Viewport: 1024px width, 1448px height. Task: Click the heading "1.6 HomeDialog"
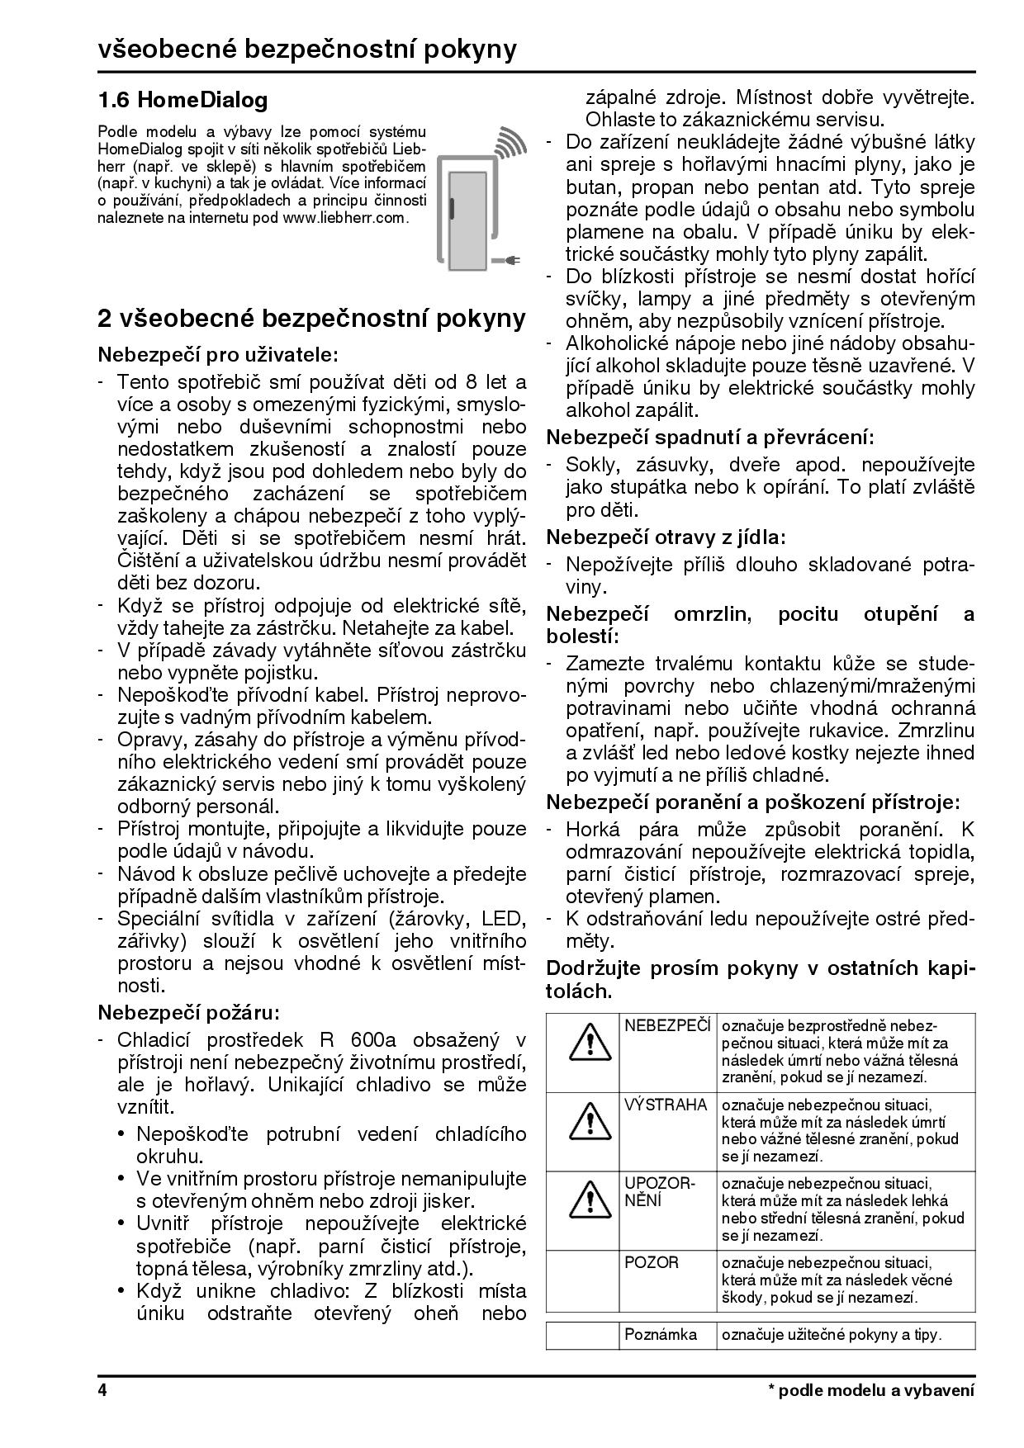click(x=183, y=101)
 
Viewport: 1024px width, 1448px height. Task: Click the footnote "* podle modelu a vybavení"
click(x=871, y=1390)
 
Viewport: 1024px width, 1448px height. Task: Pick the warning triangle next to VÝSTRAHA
click(x=583, y=1119)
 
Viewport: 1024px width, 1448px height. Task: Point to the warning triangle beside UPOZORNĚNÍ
click(x=583, y=1199)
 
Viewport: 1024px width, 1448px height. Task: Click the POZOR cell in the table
click(x=652, y=1263)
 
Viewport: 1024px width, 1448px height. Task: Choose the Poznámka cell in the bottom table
click(x=661, y=1334)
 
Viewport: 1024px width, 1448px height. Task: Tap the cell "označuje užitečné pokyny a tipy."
click(x=832, y=1334)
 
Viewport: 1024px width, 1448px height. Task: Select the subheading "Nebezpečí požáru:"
click(x=189, y=1012)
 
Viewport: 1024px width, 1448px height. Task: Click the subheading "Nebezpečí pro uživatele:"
click(x=218, y=355)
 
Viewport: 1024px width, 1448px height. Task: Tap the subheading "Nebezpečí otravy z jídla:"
click(x=666, y=537)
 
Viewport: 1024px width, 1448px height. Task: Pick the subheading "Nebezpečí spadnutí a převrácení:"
click(x=710, y=437)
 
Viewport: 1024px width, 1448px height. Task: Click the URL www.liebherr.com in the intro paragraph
click(x=345, y=218)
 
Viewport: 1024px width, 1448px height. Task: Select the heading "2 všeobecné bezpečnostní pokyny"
click(x=312, y=319)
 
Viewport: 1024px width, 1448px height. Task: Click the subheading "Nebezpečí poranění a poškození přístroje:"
click(x=753, y=802)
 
